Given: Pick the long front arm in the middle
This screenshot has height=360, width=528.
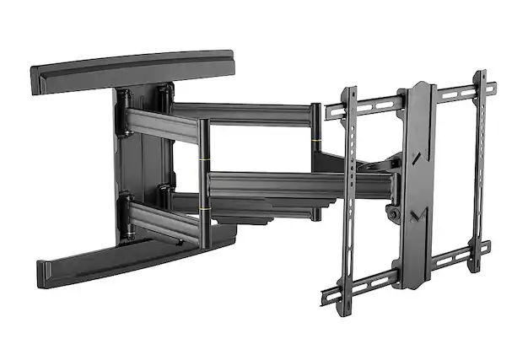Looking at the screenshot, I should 270,185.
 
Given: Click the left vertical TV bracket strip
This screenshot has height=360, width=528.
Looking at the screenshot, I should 348,194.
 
